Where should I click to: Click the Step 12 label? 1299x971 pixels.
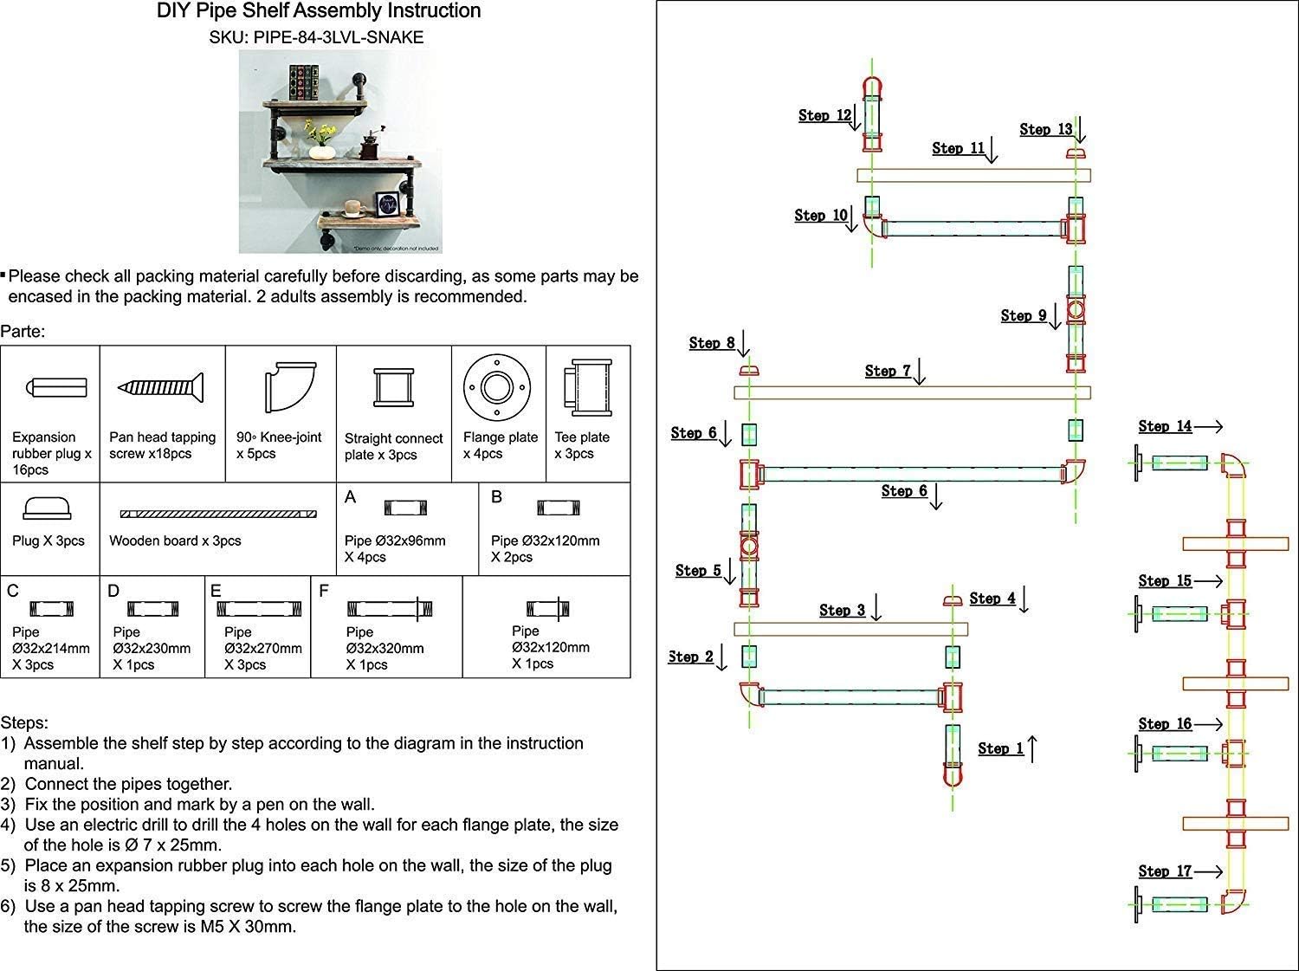click(825, 115)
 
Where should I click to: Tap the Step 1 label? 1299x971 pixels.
click(1000, 748)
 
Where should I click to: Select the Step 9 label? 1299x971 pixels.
click(1023, 316)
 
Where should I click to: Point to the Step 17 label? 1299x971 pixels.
click(1165, 871)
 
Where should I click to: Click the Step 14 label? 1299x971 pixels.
click(1165, 426)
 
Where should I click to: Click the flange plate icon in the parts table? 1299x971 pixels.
click(499, 387)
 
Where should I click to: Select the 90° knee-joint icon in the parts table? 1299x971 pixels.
click(280, 387)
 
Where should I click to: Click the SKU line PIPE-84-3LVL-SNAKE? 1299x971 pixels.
click(317, 38)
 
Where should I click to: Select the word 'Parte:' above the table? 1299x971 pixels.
click(23, 332)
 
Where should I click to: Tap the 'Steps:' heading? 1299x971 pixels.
click(24, 722)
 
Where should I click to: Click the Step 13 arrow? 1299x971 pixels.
click(1079, 131)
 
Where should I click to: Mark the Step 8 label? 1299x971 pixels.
click(711, 344)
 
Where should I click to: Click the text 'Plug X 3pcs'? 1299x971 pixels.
click(48, 541)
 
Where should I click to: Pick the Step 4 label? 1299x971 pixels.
click(992, 599)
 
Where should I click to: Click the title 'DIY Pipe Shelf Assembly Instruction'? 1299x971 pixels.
click(319, 11)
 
